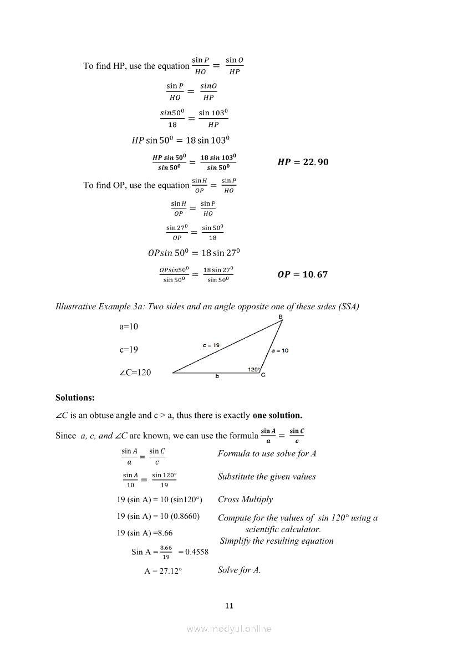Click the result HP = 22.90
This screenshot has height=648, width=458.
(x=302, y=162)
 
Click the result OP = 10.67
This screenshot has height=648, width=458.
(x=302, y=274)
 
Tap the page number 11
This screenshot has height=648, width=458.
(x=229, y=605)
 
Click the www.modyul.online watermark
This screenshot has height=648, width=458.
(x=229, y=629)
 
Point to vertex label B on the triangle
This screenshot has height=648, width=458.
(x=281, y=317)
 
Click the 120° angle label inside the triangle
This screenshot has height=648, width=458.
(x=254, y=369)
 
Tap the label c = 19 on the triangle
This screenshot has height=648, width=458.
(x=211, y=345)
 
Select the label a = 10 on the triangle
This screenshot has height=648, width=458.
(x=279, y=350)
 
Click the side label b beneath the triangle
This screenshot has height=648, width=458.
(x=217, y=377)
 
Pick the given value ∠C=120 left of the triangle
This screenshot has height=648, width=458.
(x=135, y=373)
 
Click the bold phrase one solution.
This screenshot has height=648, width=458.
(x=277, y=415)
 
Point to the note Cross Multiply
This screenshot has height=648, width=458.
(x=245, y=499)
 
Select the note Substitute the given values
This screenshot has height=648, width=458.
(x=267, y=477)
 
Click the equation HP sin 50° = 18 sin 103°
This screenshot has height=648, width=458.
(x=180, y=140)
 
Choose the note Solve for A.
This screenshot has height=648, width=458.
(x=239, y=570)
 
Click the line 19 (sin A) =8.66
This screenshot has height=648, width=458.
(x=145, y=533)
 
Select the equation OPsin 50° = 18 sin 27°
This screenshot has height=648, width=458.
(x=194, y=253)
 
